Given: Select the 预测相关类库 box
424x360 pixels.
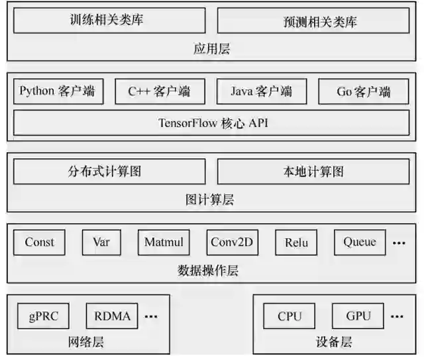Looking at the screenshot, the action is [x=313, y=21].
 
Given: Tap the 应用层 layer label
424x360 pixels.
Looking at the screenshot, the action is [x=212, y=48].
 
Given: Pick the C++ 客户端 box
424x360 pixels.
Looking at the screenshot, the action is [x=160, y=91].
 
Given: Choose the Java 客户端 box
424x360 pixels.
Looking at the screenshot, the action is [x=262, y=91].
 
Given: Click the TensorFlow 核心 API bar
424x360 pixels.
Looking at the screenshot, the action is [x=211, y=123].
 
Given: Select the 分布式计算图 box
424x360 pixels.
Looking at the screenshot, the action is [x=109, y=172].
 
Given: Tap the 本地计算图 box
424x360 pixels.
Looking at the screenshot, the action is [x=313, y=172].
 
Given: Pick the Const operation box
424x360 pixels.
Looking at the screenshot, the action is [x=40, y=242].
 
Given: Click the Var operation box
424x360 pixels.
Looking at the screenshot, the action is [x=101, y=242].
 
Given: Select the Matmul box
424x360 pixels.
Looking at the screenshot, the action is [x=164, y=242].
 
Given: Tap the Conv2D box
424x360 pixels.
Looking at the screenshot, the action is [x=232, y=242].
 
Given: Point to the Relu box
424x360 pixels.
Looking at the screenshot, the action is [x=296, y=242].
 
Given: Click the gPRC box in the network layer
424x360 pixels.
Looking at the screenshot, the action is [x=44, y=316].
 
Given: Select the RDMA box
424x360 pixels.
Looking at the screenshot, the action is [x=112, y=316].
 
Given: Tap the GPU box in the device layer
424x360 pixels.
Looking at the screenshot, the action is [x=358, y=316].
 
